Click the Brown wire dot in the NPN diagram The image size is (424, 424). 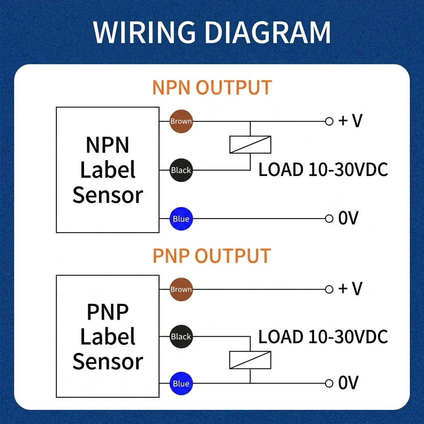pyautogui.click(x=181, y=121)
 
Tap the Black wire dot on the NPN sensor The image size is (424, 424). pyautogui.click(x=181, y=170)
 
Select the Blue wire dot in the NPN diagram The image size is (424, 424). pyautogui.click(x=181, y=219)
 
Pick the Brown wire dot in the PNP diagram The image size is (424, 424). pyautogui.click(x=181, y=289)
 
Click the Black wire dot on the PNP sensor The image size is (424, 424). pyautogui.click(x=181, y=336)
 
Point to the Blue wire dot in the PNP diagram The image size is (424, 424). pyautogui.click(x=181, y=383)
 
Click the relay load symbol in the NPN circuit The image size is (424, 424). pyautogui.click(x=250, y=145)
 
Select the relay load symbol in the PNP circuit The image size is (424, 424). pyautogui.click(x=250, y=360)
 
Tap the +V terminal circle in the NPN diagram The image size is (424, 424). pyautogui.click(x=329, y=121)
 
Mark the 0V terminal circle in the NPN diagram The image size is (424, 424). pyautogui.click(x=329, y=219)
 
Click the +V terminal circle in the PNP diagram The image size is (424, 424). pyautogui.click(x=329, y=289)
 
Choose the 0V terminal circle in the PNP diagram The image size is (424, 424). pyautogui.click(x=329, y=383)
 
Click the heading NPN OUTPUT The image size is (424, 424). pyautogui.click(x=212, y=87)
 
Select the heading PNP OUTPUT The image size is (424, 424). pyautogui.click(x=212, y=255)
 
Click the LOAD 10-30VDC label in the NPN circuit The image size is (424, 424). pyautogui.click(x=323, y=169)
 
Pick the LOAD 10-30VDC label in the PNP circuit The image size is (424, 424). pyautogui.click(x=323, y=337)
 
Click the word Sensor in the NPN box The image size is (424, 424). pyautogui.click(x=108, y=195)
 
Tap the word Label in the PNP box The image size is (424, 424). pyautogui.click(x=108, y=336)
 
